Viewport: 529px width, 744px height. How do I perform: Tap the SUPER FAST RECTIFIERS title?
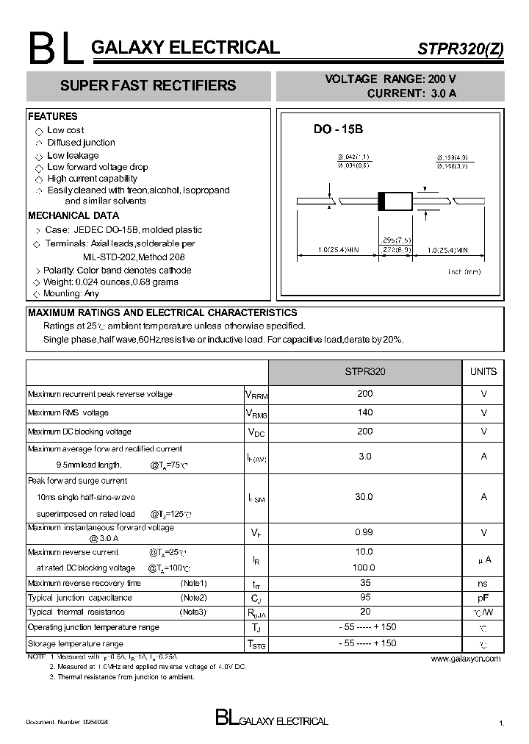click(x=148, y=86)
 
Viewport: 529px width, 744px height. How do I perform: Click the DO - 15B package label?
click(x=338, y=129)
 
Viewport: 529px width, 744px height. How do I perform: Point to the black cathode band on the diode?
click(x=381, y=201)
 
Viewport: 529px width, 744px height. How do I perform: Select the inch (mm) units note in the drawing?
click(x=464, y=272)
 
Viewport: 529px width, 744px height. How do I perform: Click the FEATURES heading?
click(x=52, y=116)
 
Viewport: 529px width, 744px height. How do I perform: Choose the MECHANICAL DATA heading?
click(x=73, y=216)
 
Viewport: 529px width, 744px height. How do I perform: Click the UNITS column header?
click(x=483, y=372)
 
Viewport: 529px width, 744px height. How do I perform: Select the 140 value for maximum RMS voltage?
click(x=364, y=412)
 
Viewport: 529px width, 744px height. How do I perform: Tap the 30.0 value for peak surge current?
click(x=364, y=497)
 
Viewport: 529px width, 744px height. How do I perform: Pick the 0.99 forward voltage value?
click(x=364, y=532)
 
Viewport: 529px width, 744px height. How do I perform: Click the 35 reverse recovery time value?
click(x=364, y=582)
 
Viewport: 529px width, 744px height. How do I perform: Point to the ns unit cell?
click(x=483, y=583)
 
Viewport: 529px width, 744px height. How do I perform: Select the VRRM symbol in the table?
click(x=256, y=395)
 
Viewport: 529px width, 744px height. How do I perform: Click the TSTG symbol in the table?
click(x=256, y=645)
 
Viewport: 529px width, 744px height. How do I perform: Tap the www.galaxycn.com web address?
click(x=466, y=659)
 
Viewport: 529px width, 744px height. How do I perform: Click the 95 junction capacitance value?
click(x=364, y=597)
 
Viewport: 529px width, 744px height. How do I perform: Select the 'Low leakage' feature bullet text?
click(x=73, y=156)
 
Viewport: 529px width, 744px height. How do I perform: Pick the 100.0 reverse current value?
click(x=364, y=567)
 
